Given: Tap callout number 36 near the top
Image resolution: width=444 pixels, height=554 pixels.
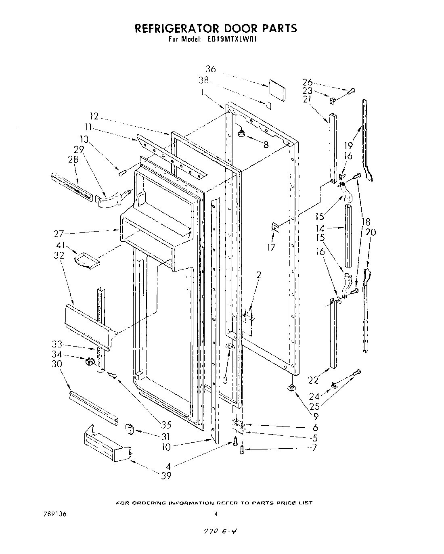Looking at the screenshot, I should coord(211,69).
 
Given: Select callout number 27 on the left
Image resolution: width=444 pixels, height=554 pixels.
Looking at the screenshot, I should coord(59,233).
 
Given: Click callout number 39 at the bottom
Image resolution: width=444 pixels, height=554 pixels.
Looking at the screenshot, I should coord(166,476).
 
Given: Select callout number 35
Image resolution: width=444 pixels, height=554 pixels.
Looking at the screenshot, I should coord(166,424).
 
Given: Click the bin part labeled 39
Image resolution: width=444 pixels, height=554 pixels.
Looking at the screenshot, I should coord(107,446).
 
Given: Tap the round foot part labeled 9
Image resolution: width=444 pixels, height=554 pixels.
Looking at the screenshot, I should coord(291,388).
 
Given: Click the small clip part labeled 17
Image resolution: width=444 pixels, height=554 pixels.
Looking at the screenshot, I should coord(274,228).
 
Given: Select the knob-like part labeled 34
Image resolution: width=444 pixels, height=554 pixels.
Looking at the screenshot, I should coord(89,361).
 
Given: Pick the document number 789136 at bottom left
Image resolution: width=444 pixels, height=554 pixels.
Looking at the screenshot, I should coord(55,514).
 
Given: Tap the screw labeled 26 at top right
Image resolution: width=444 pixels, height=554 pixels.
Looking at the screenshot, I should coord(351,91).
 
